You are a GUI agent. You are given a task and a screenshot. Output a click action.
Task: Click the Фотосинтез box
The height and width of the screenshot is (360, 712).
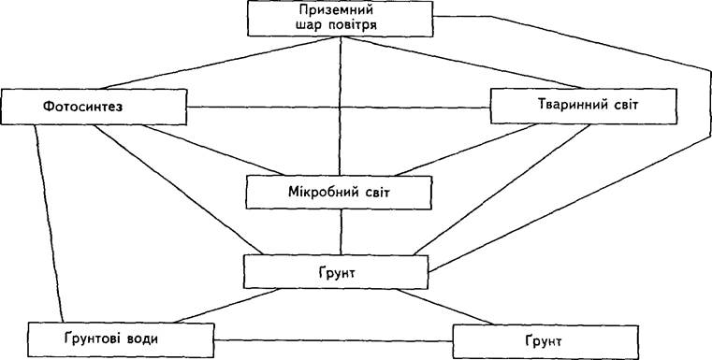pyautogui.click(x=94, y=107)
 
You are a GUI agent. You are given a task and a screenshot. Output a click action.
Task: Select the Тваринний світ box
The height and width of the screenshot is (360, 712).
pyautogui.click(x=584, y=106)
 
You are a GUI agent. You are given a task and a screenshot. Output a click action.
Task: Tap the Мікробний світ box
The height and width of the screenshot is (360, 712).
pyautogui.click(x=339, y=193)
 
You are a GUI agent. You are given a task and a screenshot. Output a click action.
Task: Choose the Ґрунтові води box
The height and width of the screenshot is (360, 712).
pyautogui.click(x=121, y=340)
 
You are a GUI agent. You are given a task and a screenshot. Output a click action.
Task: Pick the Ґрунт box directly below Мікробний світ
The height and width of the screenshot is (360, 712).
pyautogui.click(x=336, y=272)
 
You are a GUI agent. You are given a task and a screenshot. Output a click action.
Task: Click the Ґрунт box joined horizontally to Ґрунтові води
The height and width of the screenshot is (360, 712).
pyautogui.click(x=545, y=341)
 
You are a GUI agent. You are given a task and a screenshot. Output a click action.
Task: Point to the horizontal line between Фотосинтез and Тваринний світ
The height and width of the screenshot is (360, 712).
pyautogui.click(x=339, y=108)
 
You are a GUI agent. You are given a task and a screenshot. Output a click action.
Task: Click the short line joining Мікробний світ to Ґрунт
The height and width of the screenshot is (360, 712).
pyautogui.click(x=341, y=232)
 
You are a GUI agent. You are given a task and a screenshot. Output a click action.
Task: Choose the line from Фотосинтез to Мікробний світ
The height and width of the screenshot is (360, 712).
pyautogui.click(x=213, y=150)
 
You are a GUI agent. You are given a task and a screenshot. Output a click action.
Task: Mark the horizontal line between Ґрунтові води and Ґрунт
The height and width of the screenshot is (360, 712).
pyautogui.click(x=333, y=340)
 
